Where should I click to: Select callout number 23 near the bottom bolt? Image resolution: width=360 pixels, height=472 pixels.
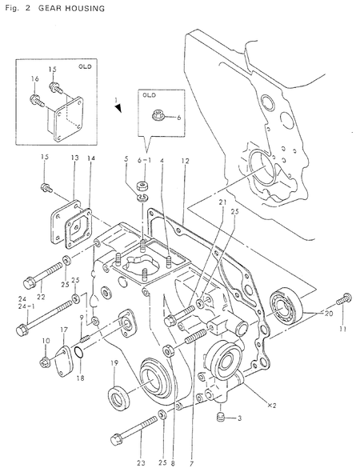pos(141,462)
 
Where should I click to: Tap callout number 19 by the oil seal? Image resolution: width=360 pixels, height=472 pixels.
pos(114,363)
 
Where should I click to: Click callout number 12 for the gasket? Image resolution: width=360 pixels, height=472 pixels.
pos(185,161)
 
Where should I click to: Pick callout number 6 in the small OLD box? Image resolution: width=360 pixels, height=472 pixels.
pos(179,117)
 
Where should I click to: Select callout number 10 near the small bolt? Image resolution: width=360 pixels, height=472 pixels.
pos(45,342)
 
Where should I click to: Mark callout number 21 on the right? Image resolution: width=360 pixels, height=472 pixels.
pos(221,203)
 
